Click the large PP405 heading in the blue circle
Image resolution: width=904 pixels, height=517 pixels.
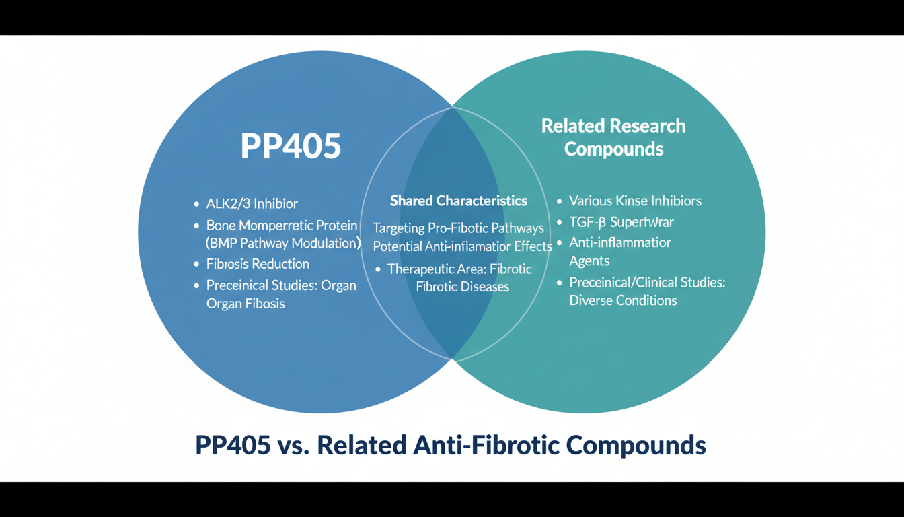click(x=291, y=146)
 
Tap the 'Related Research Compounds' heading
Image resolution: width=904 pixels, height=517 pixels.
click(x=613, y=137)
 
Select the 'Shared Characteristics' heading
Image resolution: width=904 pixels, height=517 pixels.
click(x=459, y=201)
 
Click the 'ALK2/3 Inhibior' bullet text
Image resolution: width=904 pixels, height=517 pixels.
click(x=252, y=203)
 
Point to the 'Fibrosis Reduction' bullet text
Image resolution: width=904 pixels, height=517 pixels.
click(x=258, y=264)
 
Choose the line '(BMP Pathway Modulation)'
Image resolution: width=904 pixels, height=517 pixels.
click(x=283, y=243)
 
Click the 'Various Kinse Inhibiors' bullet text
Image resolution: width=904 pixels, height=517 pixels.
click(x=635, y=201)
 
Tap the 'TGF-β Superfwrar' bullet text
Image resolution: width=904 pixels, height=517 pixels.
click(x=621, y=221)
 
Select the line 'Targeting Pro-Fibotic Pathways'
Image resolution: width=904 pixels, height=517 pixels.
click(x=459, y=228)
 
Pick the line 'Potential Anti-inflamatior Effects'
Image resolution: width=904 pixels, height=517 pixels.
click(x=463, y=246)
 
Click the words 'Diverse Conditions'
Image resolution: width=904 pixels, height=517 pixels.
click(x=623, y=300)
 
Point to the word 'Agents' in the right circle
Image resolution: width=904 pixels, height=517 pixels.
click(x=589, y=261)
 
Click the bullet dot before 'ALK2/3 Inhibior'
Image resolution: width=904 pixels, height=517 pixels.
click(x=196, y=204)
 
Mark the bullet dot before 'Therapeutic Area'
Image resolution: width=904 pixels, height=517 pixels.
click(x=378, y=269)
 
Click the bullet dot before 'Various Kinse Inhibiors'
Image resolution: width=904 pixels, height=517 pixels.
click(x=560, y=201)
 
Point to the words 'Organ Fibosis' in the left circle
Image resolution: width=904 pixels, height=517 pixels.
click(x=246, y=304)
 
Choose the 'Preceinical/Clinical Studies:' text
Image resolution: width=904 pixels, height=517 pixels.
click(x=647, y=282)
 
